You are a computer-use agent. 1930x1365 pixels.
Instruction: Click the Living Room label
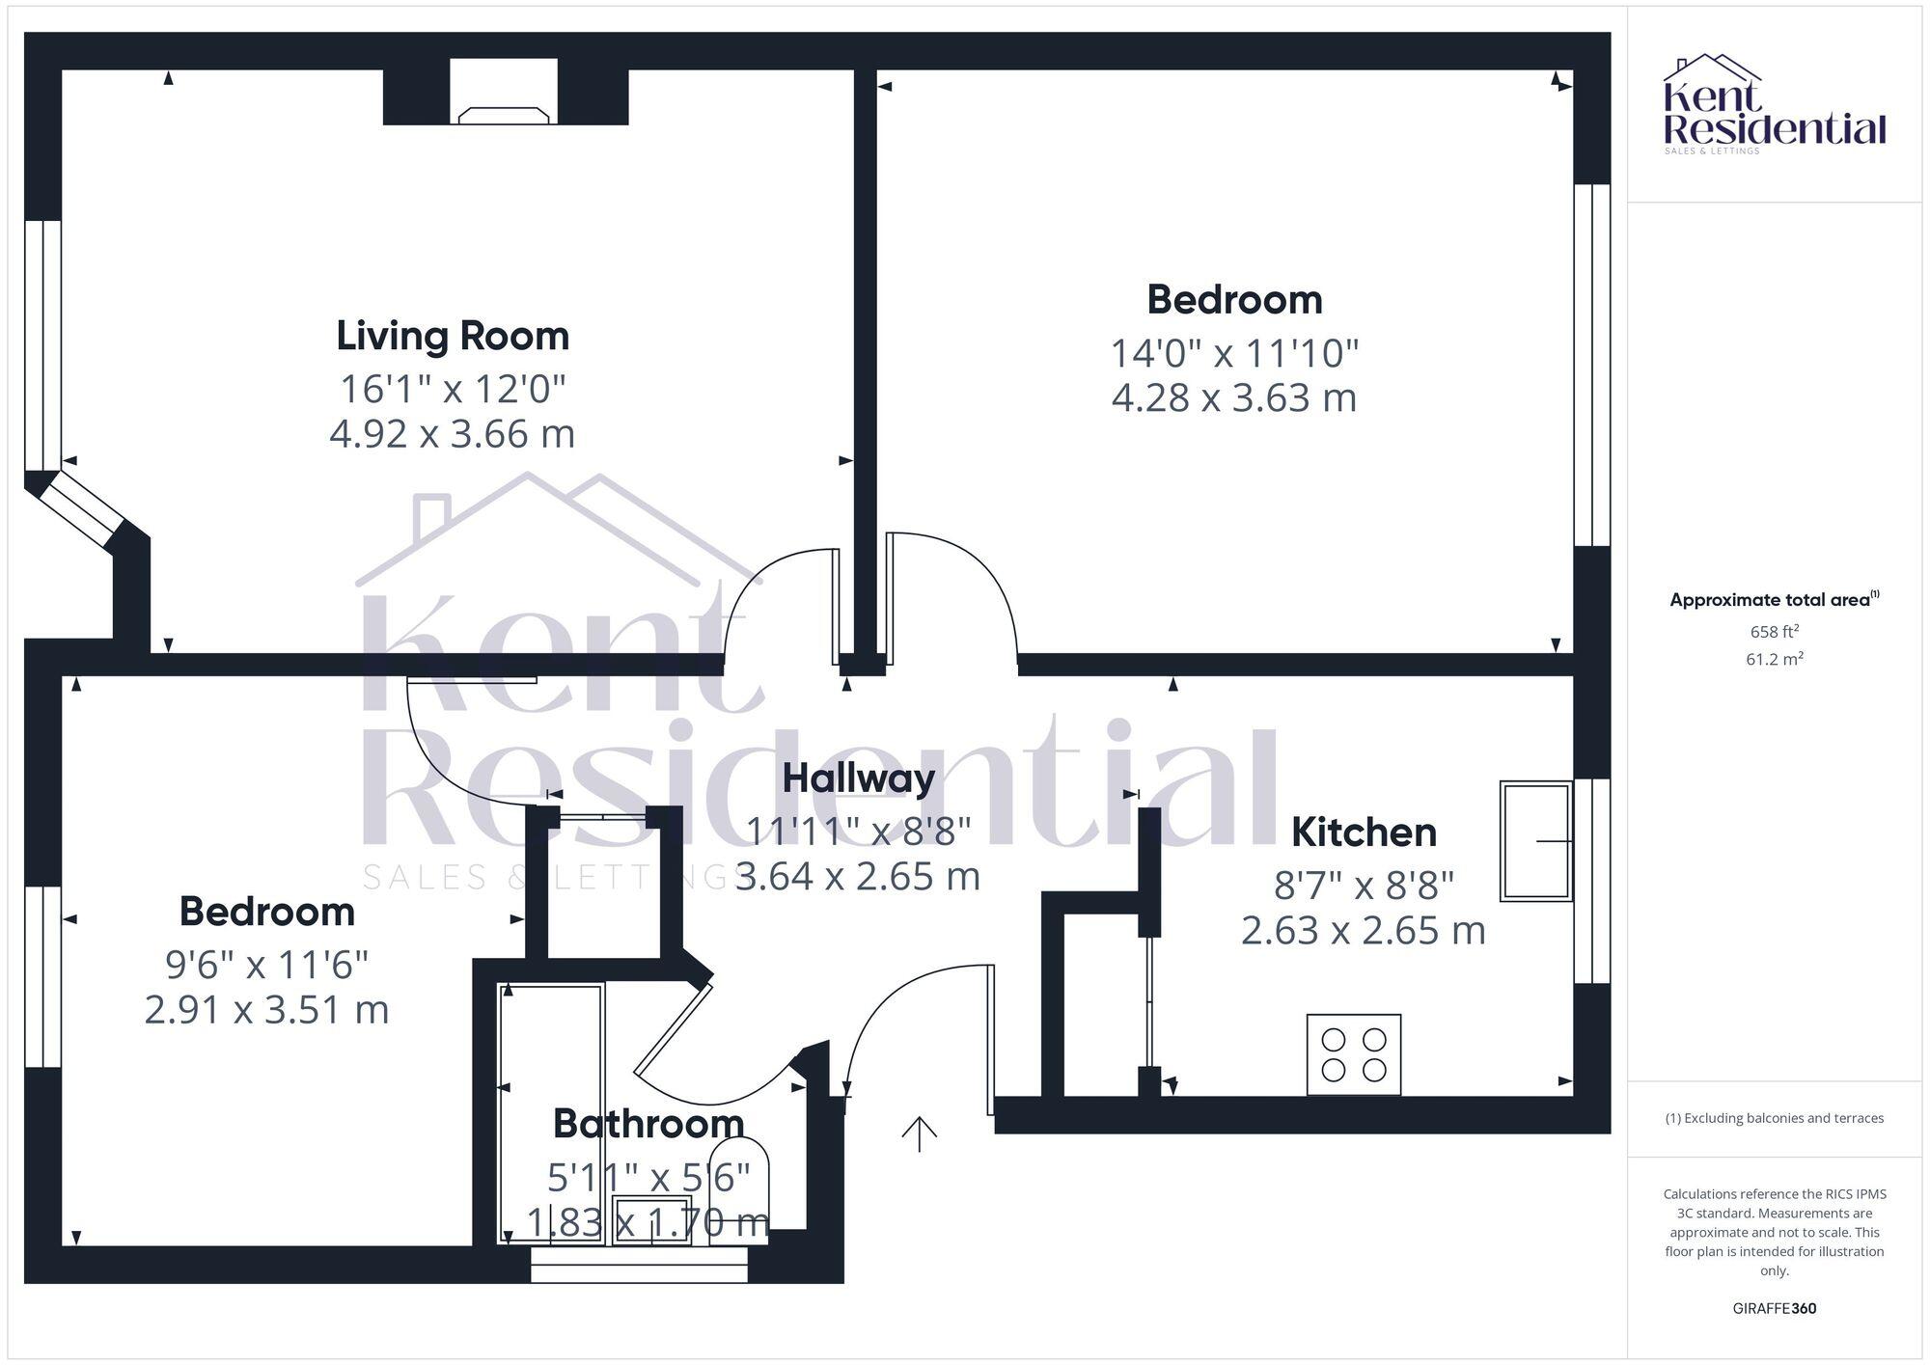pyautogui.click(x=453, y=336)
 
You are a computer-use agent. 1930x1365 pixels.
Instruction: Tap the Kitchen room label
pyautogui.click(x=1363, y=833)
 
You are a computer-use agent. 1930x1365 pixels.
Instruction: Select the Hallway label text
pyautogui.click(x=858, y=778)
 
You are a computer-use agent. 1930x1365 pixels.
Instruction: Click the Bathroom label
pyautogui.click(x=648, y=1124)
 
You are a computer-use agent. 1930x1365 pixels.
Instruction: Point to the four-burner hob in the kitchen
pyautogui.click(x=1353, y=1054)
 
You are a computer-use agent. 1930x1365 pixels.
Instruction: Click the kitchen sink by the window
pyautogui.click(x=1534, y=841)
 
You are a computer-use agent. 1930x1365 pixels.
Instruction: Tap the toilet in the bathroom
pyautogui.click(x=739, y=1188)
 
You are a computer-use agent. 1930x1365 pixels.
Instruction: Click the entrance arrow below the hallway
pyautogui.click(x=919, y=1133)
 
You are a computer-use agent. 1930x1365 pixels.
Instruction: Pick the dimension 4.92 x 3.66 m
pyautogui.click(x=453, y=434)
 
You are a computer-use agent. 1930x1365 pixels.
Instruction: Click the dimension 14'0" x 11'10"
pyautogui.click(x=1234, y=353)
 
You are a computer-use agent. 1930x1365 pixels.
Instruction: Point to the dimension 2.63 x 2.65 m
pyautogui.click(x=1363, y=931)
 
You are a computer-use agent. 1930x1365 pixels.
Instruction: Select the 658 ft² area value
pyautogui.click(x=1774, y=632)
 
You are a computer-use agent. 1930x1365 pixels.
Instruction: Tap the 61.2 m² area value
pyautogui.click(x=1774, y=660)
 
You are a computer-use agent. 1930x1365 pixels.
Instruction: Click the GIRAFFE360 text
pyautogui.click(x=1774, y=1309)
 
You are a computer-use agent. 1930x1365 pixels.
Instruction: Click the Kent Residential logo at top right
pyautogui.click(x=1774, y=104)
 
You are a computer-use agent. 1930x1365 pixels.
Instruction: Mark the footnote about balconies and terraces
pyautogui.click(x=1774, y=1118)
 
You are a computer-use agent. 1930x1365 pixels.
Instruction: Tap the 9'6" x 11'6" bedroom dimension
pyautogui.click(x=267, y=964)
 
